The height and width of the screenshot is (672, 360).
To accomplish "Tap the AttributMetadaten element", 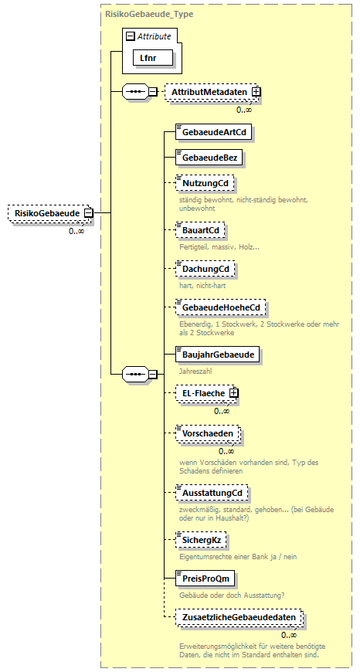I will (x=209, y=92).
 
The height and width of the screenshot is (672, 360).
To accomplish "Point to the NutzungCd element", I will (x=204, y=182).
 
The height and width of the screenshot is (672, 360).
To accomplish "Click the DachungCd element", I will (x=204, y=269).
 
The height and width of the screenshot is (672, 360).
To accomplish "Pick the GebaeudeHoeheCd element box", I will (x=220, y=307).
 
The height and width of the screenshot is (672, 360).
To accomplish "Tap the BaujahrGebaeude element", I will (x=217, y=355).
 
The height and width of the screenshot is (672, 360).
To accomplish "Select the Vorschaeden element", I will (x=207, y=433).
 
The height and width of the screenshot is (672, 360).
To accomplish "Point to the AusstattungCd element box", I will (x=212, y=492).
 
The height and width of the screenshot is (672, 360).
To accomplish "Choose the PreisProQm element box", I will (x=205, y=578).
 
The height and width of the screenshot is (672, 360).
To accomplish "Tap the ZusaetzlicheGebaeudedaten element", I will (x=238, y=619).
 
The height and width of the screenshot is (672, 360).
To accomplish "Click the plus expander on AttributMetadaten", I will (x=256, y=92).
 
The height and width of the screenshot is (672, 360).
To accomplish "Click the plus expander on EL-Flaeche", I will (x=234, y=393).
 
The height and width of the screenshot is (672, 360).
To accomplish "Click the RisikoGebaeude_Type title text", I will (x=149, y=14).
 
